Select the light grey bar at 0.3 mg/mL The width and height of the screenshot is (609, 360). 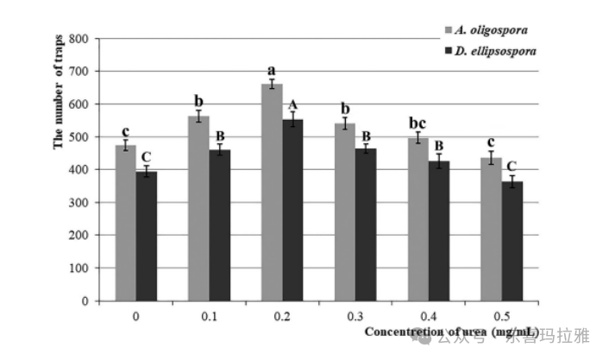tap(345, 212)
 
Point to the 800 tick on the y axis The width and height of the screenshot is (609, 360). tap(79, 39)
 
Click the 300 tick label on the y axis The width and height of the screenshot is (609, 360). tap(79, 203)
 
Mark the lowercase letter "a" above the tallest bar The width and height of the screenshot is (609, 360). tap(271, 71)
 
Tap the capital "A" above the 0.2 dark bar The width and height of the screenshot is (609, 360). tap(293, 104)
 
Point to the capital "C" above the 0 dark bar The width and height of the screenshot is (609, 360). tap(147, 156)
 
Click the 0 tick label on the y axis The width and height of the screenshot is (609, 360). tap(85, 301)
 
